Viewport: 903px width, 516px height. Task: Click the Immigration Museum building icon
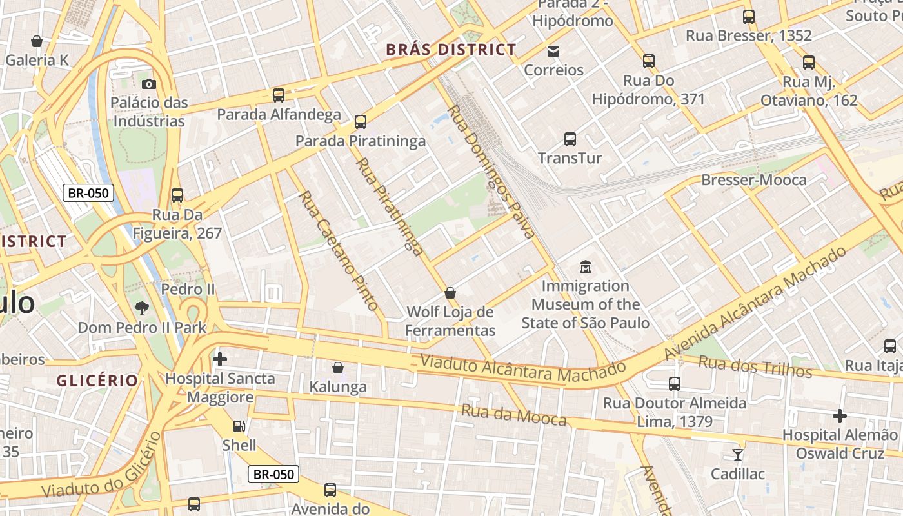click(586, 266)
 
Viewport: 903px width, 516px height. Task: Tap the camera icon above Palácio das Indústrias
click(149, 84)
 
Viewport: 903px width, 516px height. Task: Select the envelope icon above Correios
click(553, 51)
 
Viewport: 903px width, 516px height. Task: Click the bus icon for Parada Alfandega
click(279, 95)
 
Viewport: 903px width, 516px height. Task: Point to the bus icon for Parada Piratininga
click(361, 121)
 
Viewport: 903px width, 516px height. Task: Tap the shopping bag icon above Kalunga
click(337, 368)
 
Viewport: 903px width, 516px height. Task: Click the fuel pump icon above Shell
click(239, 426)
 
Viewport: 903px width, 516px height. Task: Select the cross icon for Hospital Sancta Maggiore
click(220, 359)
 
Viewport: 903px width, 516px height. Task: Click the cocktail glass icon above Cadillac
click(738, 454)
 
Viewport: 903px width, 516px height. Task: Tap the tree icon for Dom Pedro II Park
click(142, 308)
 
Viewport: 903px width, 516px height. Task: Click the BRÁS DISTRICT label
click(451, 50)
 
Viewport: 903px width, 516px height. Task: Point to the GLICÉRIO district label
click(97, 381)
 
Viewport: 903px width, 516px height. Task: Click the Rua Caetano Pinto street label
click(338, 250)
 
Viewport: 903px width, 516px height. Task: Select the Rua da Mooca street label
click(513, 415)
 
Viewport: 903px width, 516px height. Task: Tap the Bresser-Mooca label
click(753, 180)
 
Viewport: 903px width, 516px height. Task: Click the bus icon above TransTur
click(570, 139)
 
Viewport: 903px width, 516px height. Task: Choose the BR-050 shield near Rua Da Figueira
click(88, 192)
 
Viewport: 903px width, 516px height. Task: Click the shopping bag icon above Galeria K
click(37, 41)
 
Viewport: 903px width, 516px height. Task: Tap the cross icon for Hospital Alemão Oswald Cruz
click(839, 415)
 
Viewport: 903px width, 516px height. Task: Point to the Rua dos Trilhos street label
click(755, 366)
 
